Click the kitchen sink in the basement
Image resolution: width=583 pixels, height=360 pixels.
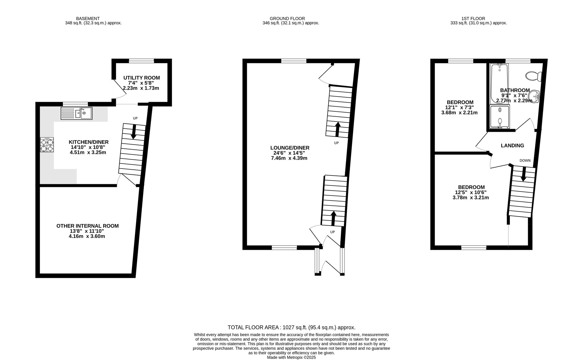(x=76, y=113)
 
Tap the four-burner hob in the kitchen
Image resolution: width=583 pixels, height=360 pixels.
(x=47, y=145)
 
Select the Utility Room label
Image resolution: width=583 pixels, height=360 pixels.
(x=142, y=78)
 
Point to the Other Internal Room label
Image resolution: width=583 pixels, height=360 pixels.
(x=87, y=226)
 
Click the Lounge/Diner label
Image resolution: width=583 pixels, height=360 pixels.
(x=290, y=148)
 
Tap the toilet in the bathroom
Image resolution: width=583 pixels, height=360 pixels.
(x=534, y=76)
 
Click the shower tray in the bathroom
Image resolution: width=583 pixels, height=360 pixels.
(x=500, y=117)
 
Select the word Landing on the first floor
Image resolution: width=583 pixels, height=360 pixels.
(x=512, y=145)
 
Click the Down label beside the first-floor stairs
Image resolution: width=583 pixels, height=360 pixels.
(x=525, y=161)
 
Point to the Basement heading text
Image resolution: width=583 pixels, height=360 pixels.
(x=88, y=18)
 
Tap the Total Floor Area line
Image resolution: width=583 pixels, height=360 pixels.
(x=291, y=327)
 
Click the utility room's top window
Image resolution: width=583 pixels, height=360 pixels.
(x=141, y=61)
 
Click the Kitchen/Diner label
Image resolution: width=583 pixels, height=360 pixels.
(x=89, y=142)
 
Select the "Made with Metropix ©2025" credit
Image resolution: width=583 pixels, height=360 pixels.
(x=291, y=357)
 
